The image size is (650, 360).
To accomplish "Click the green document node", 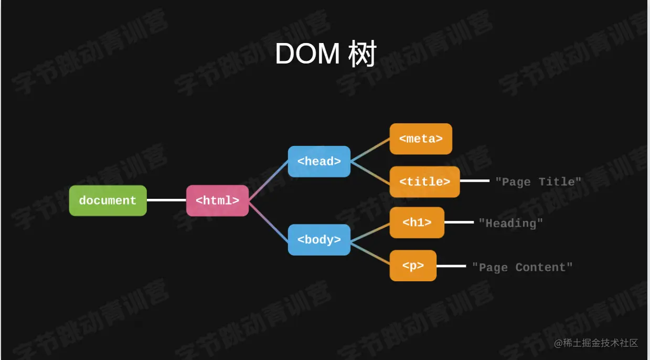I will pyautogui.click(x=108, y=200).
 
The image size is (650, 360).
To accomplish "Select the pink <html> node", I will pyautogui.click(x=217, y=200).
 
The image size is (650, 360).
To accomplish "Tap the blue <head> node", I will pyautogui.click(x=319, y=161).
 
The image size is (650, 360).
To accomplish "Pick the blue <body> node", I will pyautogui.click(x=319, y=240).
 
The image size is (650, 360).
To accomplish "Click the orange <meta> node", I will pyautogui.click(x=421, y=139).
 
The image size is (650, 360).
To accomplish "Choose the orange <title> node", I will pyautogui.click(x=424, y=182).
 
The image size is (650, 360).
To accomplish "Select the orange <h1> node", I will pyautogui.click(x=417, y=223).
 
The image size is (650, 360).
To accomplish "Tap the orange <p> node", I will pyautogui.click(x=413, y=266).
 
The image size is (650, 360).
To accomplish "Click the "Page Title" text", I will pyautogui.click(x=538, y=182).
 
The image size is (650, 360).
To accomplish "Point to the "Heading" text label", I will pyautogui.click(x=510, y=223).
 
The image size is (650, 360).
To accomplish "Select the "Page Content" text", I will pyautogui.click(x=522, y=267).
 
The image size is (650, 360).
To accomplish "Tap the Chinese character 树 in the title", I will pyautogui.click(x=362, y=54).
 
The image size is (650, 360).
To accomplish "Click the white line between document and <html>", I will pyautogui.click(x=166, y=200).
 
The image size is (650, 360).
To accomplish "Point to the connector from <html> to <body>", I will pyautogui.click(x=268, y=220).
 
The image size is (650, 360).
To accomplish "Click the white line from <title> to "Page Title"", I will pyautogui.click(x=474, y=181).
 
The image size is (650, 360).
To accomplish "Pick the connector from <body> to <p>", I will pyautogui.click(x=370, y=252).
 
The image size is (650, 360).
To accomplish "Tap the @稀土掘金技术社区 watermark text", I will pyautogui.click(x=596, y=343).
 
